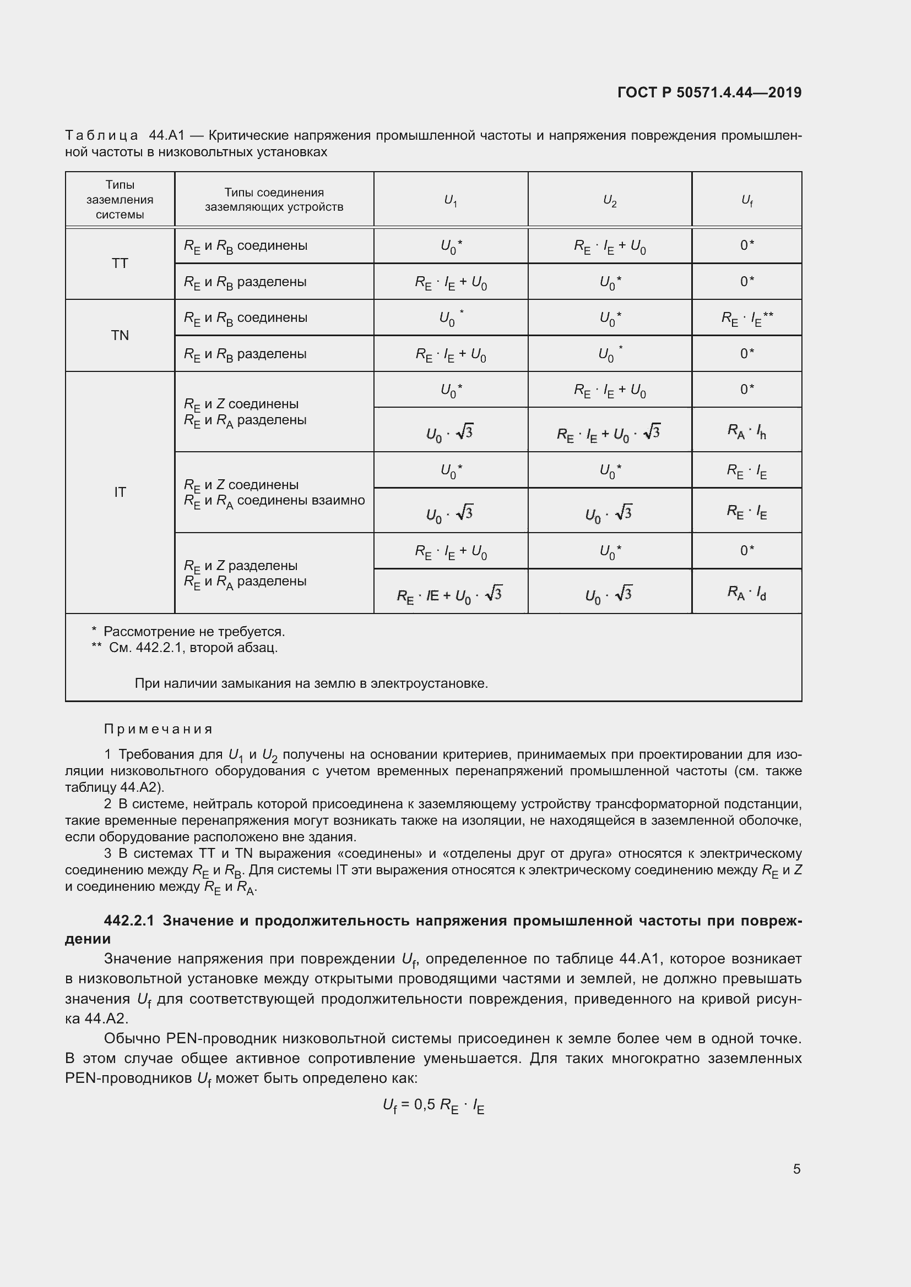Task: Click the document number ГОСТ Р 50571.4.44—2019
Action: click(709, 92)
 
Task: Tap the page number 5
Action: click(796, 1169)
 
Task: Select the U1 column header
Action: click(451, 200)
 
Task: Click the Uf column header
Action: click(747, 200)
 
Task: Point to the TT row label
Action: click(120, 264)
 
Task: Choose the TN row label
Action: click(120, 335)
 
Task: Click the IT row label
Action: click(120, 492)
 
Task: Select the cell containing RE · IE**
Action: click(747, 319)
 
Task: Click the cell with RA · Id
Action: click(747, 592)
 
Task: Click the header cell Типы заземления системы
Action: click(120, 200)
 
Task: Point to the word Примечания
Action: click(158, 729)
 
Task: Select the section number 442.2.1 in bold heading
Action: click(129, 921)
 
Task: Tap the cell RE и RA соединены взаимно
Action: click(274, 501)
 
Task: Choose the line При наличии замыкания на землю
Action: click(311, 683)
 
